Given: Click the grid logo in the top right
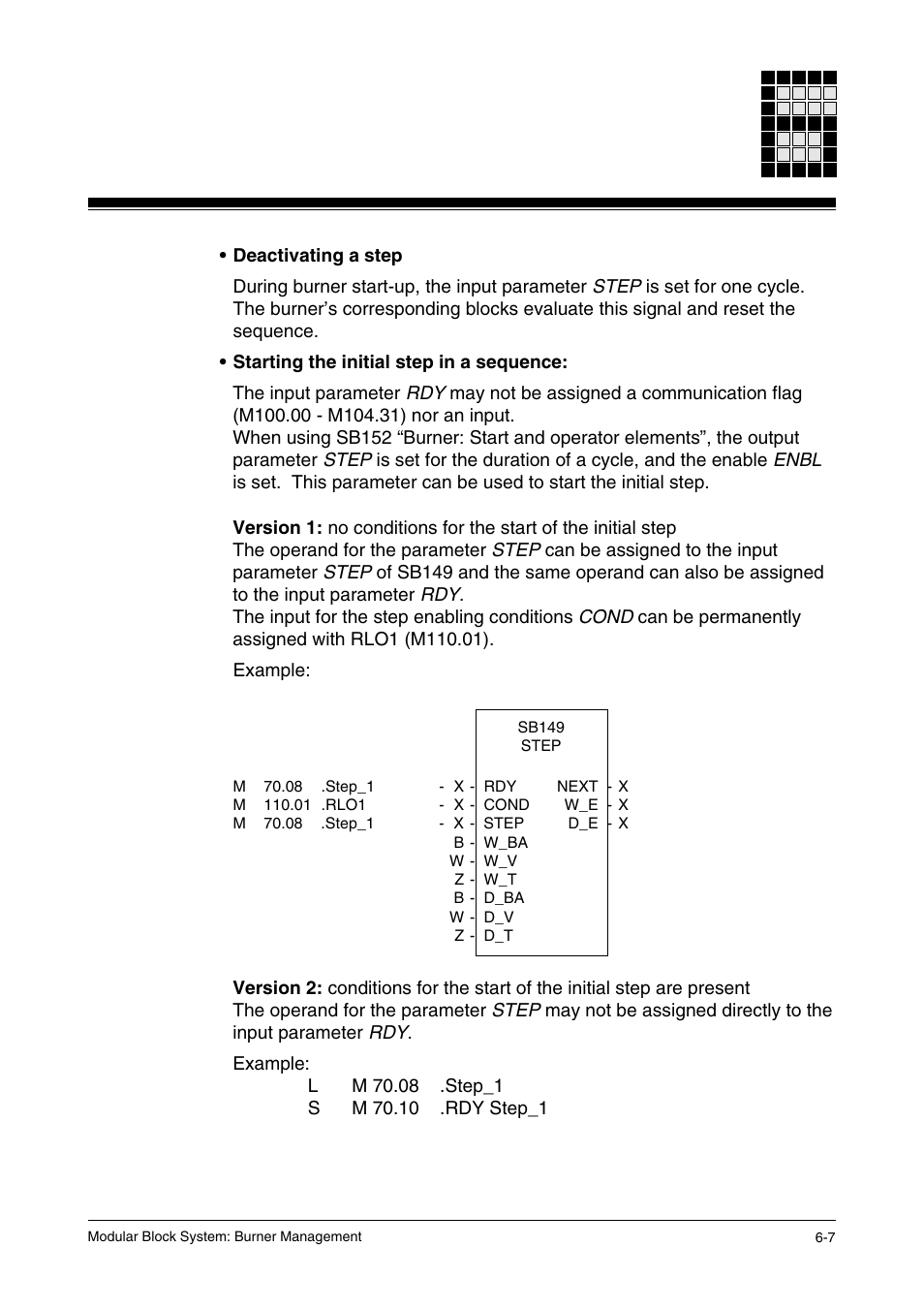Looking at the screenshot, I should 798,124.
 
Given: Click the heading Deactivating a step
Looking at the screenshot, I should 317,256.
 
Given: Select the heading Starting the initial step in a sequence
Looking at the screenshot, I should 399,362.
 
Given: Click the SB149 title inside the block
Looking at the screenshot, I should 540,728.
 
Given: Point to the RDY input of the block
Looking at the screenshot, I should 500,787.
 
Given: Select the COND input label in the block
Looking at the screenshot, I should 507,805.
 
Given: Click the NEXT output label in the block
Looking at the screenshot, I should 577,787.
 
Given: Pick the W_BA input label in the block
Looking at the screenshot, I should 506,843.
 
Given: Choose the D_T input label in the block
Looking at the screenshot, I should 498,936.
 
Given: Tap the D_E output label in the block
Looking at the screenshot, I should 583,824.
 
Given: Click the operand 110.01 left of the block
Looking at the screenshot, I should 287,805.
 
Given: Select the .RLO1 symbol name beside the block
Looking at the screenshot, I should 344,805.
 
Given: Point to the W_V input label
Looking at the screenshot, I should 501,861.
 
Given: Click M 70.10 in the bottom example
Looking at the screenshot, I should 385,1108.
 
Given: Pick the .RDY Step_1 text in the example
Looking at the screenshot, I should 493,1108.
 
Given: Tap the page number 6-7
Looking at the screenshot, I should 824,1237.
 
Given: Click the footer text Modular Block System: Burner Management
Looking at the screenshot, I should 224,1237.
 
